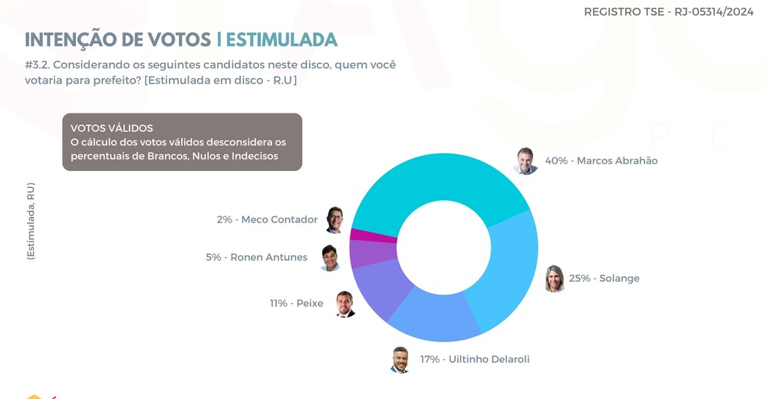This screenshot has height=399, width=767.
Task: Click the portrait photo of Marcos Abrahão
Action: (526, 161)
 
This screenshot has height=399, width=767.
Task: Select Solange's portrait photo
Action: (555, 279)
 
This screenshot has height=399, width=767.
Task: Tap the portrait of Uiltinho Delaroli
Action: (400, 360)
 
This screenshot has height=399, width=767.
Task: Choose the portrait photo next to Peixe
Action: (345, 304)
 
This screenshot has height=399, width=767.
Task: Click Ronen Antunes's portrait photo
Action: (330, 258)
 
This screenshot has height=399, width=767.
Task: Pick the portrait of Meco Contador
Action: (334, 219)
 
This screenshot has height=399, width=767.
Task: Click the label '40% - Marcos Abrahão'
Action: (601, 161)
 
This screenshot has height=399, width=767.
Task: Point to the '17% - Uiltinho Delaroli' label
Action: (475, 359)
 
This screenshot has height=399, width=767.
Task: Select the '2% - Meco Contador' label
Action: (267, 219)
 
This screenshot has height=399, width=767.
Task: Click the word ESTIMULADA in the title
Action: (281, 40)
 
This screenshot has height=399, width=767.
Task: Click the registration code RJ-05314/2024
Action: (714, 12)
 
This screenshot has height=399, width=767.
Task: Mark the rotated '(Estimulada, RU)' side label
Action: (31, 221)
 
